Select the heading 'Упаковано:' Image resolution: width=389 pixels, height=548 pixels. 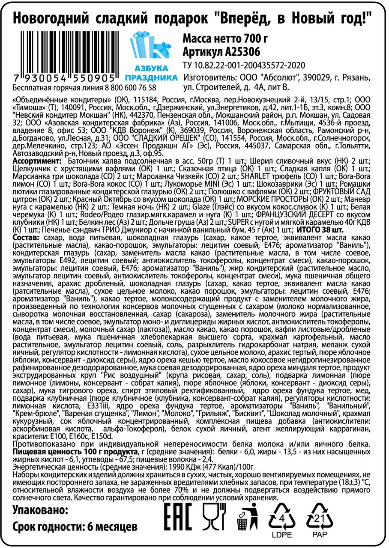click(40, 509)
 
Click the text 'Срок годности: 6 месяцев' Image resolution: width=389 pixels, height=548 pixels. click(75, 527)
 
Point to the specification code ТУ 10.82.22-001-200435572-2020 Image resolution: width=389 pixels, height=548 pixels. click(243, 66)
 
